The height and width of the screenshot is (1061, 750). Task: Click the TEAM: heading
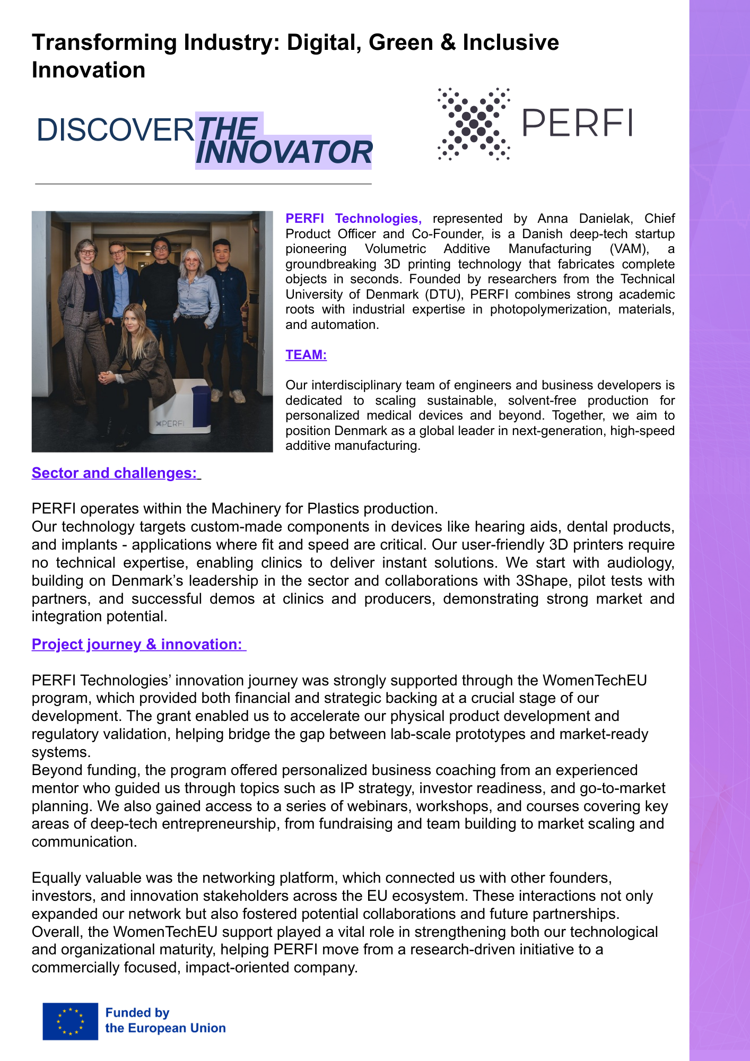pyautogui.click(x=306, y=354)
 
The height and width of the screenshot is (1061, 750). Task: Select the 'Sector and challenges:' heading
pyautogui.click(x=115, y=473)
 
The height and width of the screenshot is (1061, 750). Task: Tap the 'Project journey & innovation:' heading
pyautogui.click(x=137, y=644)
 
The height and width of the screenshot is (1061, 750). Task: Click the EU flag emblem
pyautogui.click(x=71, y=1021)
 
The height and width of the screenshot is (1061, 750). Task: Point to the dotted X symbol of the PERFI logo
pyautogui.click(x=474, y=124)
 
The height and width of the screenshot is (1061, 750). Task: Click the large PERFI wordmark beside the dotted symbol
pyautogui.click(x=577, y=123)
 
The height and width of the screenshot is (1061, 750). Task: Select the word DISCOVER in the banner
pyautogui.click(x=115, y=130)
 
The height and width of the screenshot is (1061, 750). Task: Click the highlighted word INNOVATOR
pyautogui.click(x=284, y=152)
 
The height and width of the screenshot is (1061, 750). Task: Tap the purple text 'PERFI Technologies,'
pyautogui.click(x=353, y=219)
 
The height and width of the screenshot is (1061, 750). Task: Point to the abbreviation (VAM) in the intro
pyautogui.click(x=629, y=249)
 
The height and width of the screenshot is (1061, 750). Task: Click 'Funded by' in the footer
pyautogui.click(x=137, y=1013)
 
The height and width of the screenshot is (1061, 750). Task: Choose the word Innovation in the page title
pyautogui.click(x=89, y=70)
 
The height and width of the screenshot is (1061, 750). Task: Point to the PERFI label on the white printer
pyautogui.click(x=171, y=423)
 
